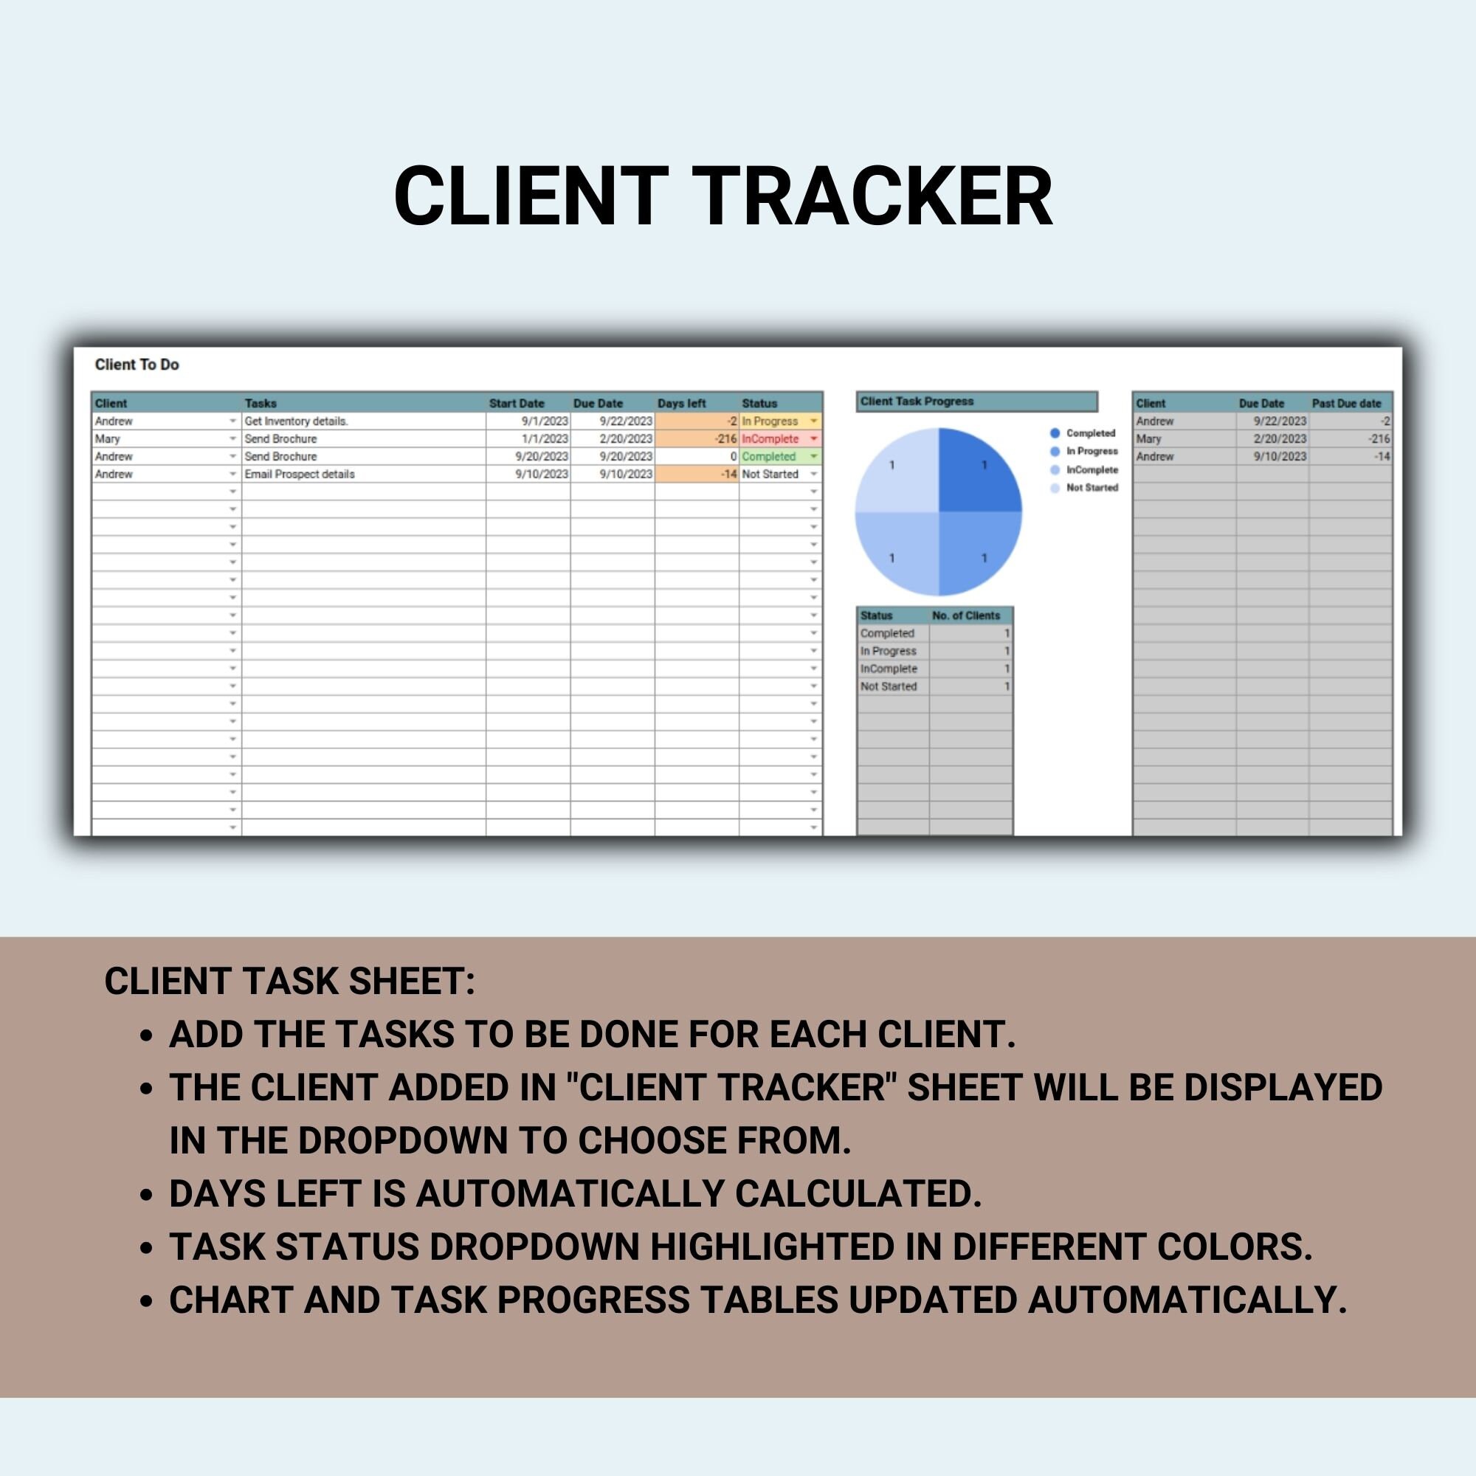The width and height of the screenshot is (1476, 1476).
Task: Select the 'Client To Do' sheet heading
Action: [x=137, y=365]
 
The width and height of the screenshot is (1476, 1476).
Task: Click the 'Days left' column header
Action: [x=681, y=403]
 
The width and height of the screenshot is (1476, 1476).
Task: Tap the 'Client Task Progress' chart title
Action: [x=917, y=401]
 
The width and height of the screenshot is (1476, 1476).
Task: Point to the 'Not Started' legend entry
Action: [x=1092, y=487]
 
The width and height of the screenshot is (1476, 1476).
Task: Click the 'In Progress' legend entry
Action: [x=1092, y=451]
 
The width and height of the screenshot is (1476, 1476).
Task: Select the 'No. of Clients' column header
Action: [x=965, y=615]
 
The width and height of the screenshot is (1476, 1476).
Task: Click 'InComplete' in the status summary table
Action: [x=889, y=669]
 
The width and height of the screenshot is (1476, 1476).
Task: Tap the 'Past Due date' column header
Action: [x=1346, y=403]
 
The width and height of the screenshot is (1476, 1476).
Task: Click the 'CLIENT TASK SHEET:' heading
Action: [x=289, y=981]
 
